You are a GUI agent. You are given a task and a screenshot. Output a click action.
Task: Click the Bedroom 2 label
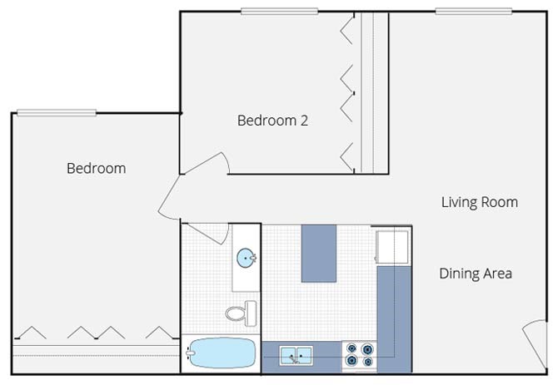pos(272,121)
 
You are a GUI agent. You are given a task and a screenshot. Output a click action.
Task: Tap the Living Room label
pos(480,202)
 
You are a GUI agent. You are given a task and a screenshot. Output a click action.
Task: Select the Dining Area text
pos(476,274)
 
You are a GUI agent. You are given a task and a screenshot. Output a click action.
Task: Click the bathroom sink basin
pos(247,258)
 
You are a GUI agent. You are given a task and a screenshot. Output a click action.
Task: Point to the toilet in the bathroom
pos(242,313)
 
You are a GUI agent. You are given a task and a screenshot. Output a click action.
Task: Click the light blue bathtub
pos(222,353)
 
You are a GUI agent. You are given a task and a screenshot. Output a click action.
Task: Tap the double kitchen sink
pos(296,356)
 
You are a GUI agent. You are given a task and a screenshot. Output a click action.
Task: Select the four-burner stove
pos(360,355)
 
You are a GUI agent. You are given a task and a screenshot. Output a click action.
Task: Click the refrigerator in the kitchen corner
pos(391,247)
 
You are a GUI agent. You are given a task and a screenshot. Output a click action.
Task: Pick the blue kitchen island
pos(319,254)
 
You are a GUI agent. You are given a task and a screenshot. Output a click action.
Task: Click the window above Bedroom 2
pos(279,12)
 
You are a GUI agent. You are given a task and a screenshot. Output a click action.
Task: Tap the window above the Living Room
pos(474,12)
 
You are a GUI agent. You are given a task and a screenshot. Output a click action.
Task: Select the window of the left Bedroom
pos(57,113)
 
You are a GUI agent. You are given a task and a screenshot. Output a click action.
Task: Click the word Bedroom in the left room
pos(96,168)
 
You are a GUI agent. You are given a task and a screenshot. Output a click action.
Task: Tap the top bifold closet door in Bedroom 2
pos(347,29)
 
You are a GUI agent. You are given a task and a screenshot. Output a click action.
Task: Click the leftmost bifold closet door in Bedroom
pos(31,333)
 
